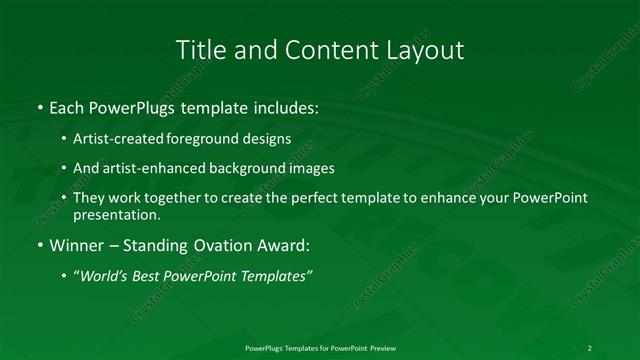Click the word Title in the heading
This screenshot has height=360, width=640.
click(199, 50)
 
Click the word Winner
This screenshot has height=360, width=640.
click(77, 245)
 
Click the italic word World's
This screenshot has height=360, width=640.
click(106, 275)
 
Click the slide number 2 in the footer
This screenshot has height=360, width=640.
click(590, 348)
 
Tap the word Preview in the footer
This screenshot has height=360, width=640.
click(381, 348)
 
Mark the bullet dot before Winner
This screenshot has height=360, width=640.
click(39, 246)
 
